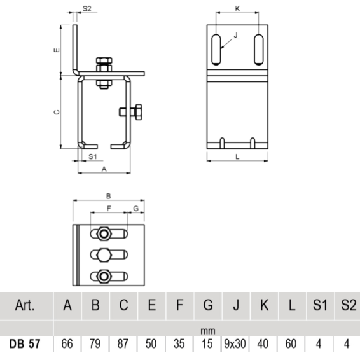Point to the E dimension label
pos(57,48)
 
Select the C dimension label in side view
pos(57,111)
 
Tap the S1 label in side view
pos(92,155)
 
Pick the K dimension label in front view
pos(237,9)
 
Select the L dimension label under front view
pos(238,157)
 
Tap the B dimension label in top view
pos(109,197)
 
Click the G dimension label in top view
pos(135,207)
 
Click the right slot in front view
pos(258,49)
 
